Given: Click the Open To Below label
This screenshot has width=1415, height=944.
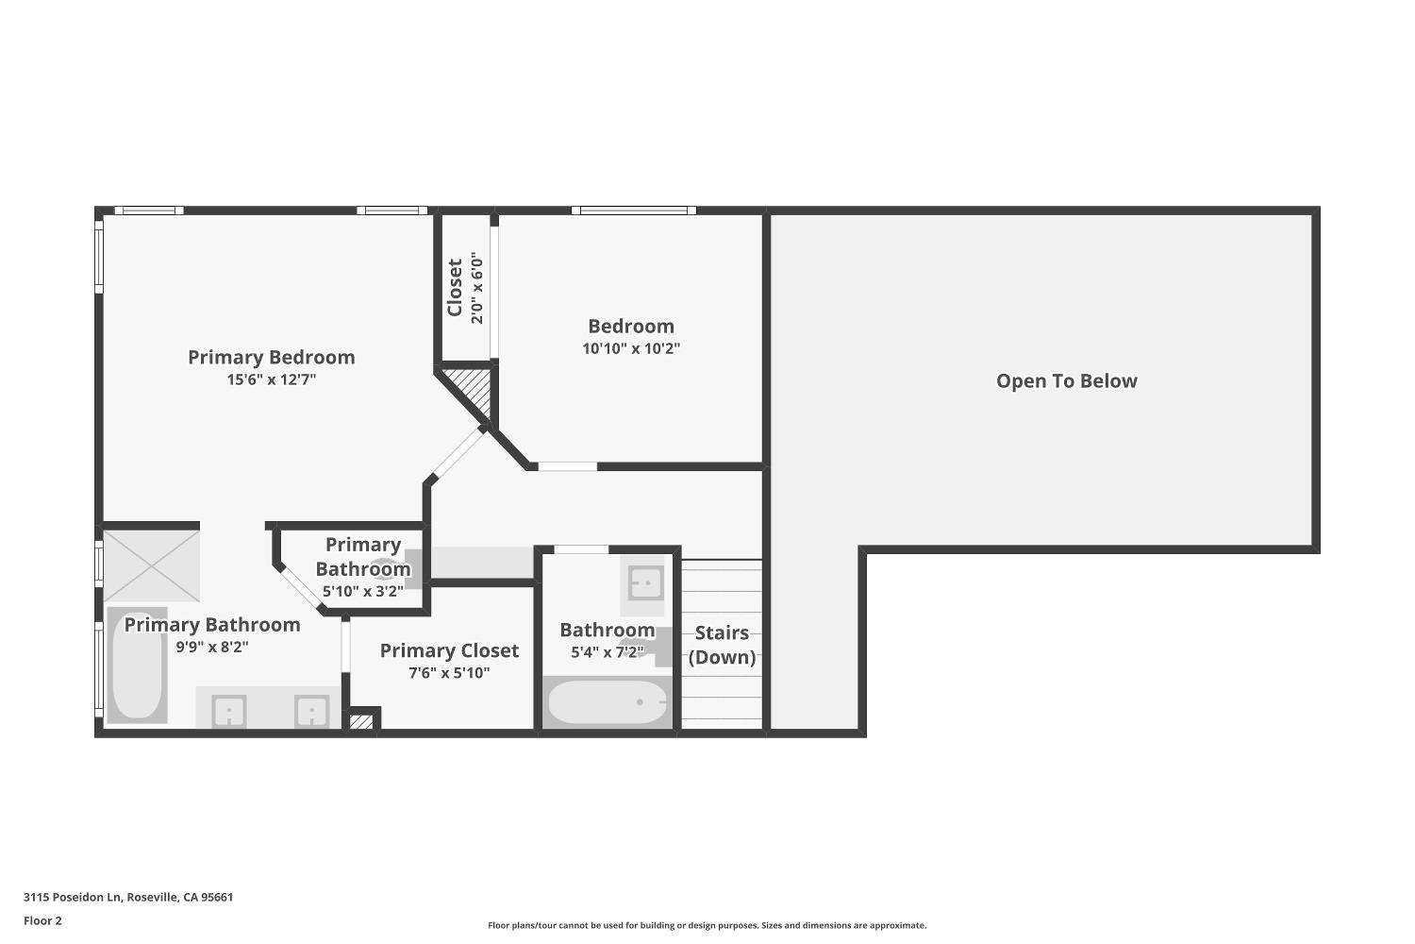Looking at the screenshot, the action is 1066,380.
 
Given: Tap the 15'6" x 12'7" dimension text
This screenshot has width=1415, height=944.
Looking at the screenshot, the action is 272,379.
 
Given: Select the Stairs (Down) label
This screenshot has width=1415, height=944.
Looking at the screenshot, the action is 722,645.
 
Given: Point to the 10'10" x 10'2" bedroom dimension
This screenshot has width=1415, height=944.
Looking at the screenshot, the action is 631,348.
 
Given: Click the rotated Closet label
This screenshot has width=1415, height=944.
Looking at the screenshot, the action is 455,288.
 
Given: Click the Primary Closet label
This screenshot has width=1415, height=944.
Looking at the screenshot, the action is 449,650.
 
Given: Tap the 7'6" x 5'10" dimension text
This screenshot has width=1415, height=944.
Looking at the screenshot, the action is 449,673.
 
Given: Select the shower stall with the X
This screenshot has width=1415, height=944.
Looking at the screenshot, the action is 152,565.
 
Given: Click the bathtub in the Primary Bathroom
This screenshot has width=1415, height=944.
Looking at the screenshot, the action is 137,666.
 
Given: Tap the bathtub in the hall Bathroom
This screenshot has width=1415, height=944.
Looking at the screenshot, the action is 608,701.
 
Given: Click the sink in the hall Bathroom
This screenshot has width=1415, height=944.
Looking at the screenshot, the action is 645,583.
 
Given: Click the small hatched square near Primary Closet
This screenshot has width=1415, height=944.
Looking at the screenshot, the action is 360,721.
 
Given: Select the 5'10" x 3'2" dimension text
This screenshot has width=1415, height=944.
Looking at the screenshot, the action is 363,592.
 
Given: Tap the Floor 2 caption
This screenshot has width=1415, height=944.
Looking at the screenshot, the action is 43,920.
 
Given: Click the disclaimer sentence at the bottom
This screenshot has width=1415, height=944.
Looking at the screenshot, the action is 707,926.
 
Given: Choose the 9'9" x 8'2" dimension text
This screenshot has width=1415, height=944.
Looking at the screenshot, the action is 212,647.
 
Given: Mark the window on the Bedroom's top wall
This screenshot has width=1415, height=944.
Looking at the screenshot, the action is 634,211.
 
